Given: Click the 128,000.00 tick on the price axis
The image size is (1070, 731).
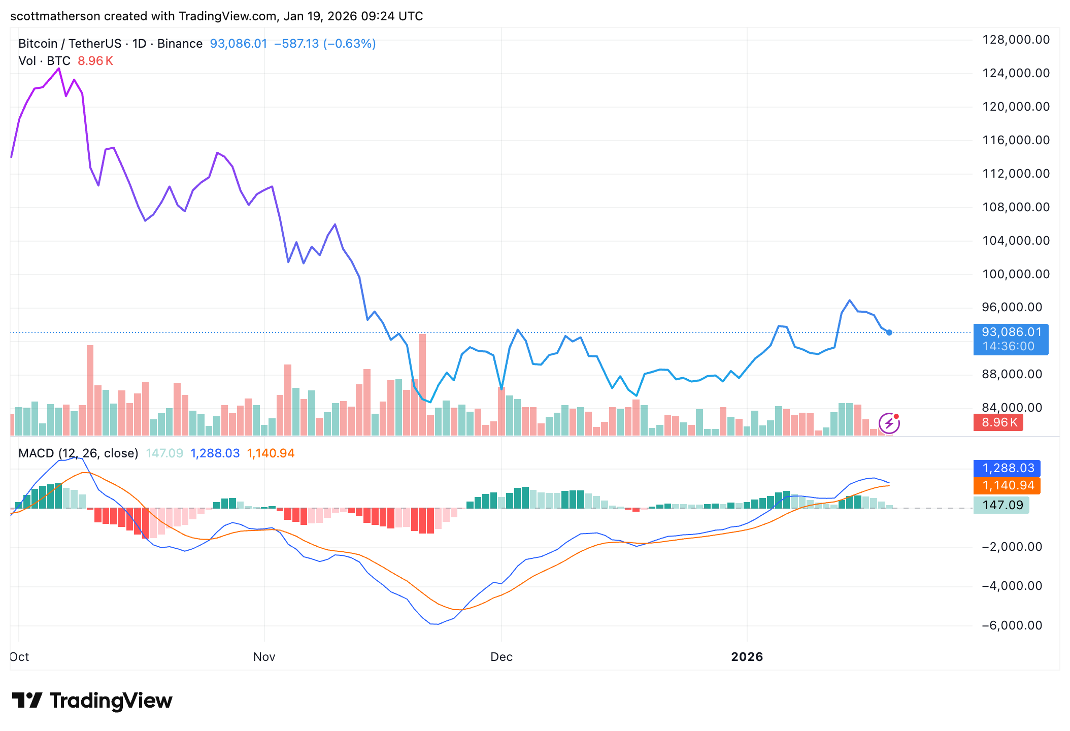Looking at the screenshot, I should point(1016,40).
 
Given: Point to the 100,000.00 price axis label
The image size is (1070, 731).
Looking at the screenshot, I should point(1016,274).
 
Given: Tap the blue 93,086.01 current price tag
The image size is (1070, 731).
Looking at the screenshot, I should point(1011,333).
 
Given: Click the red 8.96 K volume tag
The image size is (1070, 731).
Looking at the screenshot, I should point(998,422).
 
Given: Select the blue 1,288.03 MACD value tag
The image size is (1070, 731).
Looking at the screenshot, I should point(1007,468).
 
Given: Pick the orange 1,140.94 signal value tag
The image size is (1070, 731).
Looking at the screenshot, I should point(1007,485).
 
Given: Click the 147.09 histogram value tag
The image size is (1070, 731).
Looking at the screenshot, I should point(1001,505).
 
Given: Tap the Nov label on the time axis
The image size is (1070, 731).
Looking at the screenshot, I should point(264,657).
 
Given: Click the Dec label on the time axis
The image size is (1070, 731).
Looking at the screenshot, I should point(501,657).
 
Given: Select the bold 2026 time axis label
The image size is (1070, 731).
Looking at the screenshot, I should point(747,657).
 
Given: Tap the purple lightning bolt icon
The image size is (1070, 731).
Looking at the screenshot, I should point(889,423).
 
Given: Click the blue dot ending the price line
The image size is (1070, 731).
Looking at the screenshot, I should point(889,333).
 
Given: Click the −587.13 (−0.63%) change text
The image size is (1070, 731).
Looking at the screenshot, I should point(325,44).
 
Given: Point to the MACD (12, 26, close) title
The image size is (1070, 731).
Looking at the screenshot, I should point(78,453).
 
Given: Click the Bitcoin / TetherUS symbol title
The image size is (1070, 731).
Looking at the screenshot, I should point(70,44).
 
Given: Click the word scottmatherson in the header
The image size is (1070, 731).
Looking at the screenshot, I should point(55,16).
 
